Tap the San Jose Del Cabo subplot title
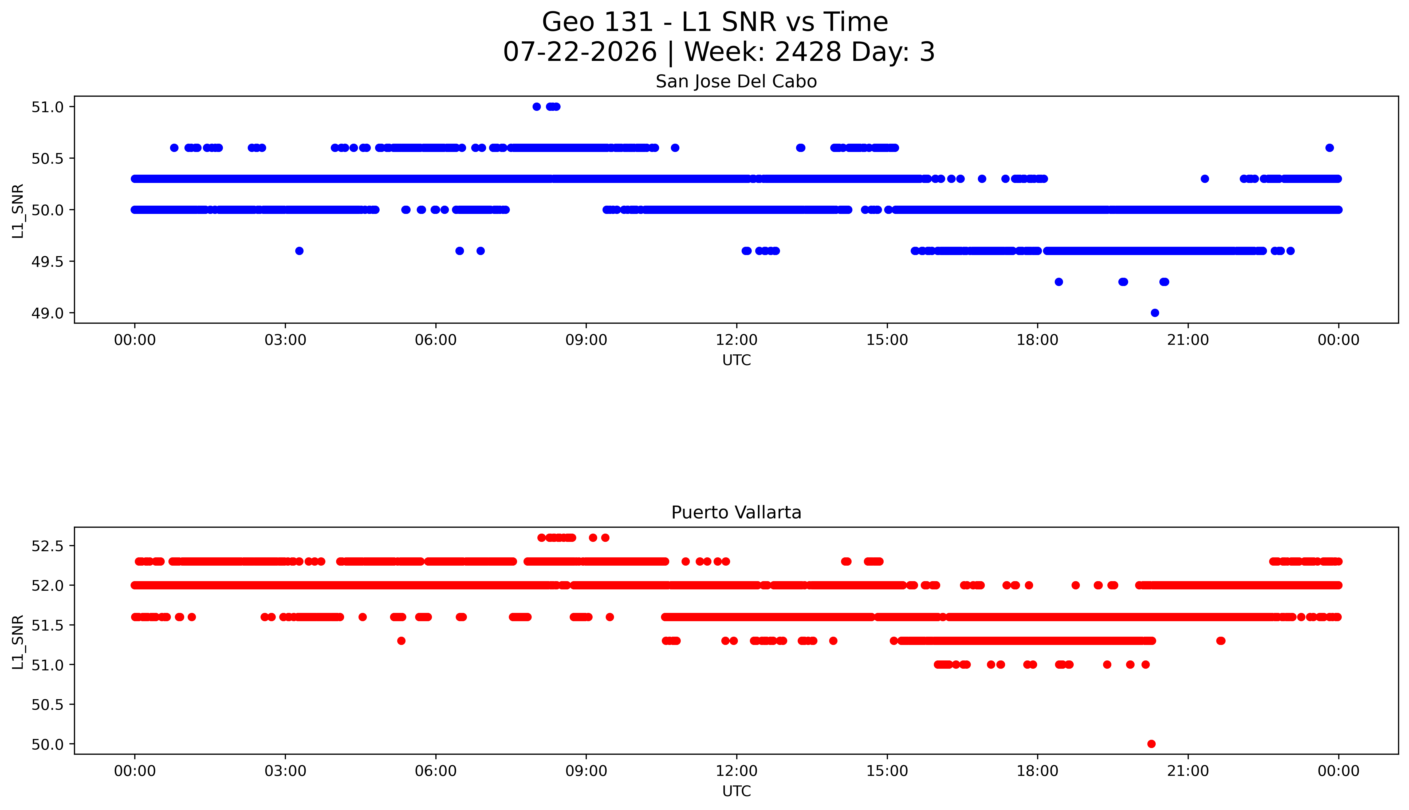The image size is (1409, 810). point(736,82)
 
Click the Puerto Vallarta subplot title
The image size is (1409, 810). point(736,512)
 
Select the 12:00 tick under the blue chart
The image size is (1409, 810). point(737,340)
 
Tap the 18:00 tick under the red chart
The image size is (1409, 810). point(1038,771)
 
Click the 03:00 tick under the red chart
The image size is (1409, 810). point(285,771)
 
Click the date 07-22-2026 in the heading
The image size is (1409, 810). point(580,52)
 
